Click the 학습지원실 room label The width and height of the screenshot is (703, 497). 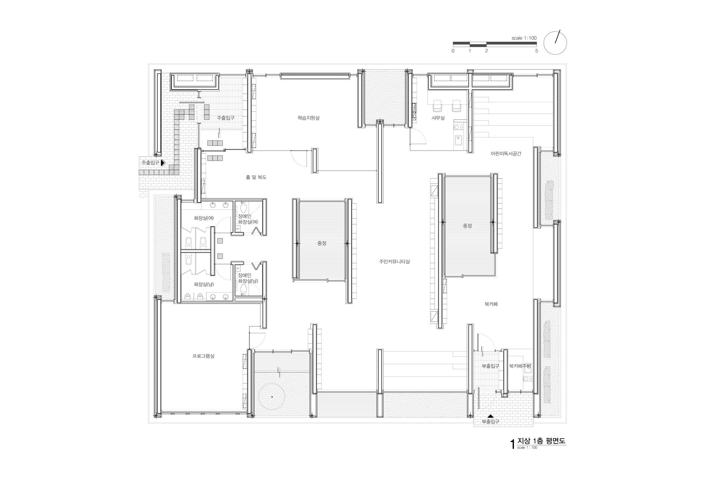308,118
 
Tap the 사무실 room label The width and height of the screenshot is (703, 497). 438,118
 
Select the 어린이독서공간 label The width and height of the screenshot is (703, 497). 506,154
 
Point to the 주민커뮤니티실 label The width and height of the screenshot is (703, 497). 394,262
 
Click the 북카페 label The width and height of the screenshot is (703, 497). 491,304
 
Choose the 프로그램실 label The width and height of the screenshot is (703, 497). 203,356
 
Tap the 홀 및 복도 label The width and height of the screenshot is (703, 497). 256,177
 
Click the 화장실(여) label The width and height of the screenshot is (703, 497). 204,218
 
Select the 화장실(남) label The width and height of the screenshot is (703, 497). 204,284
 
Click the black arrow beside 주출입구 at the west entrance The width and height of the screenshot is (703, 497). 163,163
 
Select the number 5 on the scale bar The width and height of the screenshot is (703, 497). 536,51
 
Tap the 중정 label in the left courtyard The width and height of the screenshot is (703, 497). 322,243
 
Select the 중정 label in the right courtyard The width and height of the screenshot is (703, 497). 467,226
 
